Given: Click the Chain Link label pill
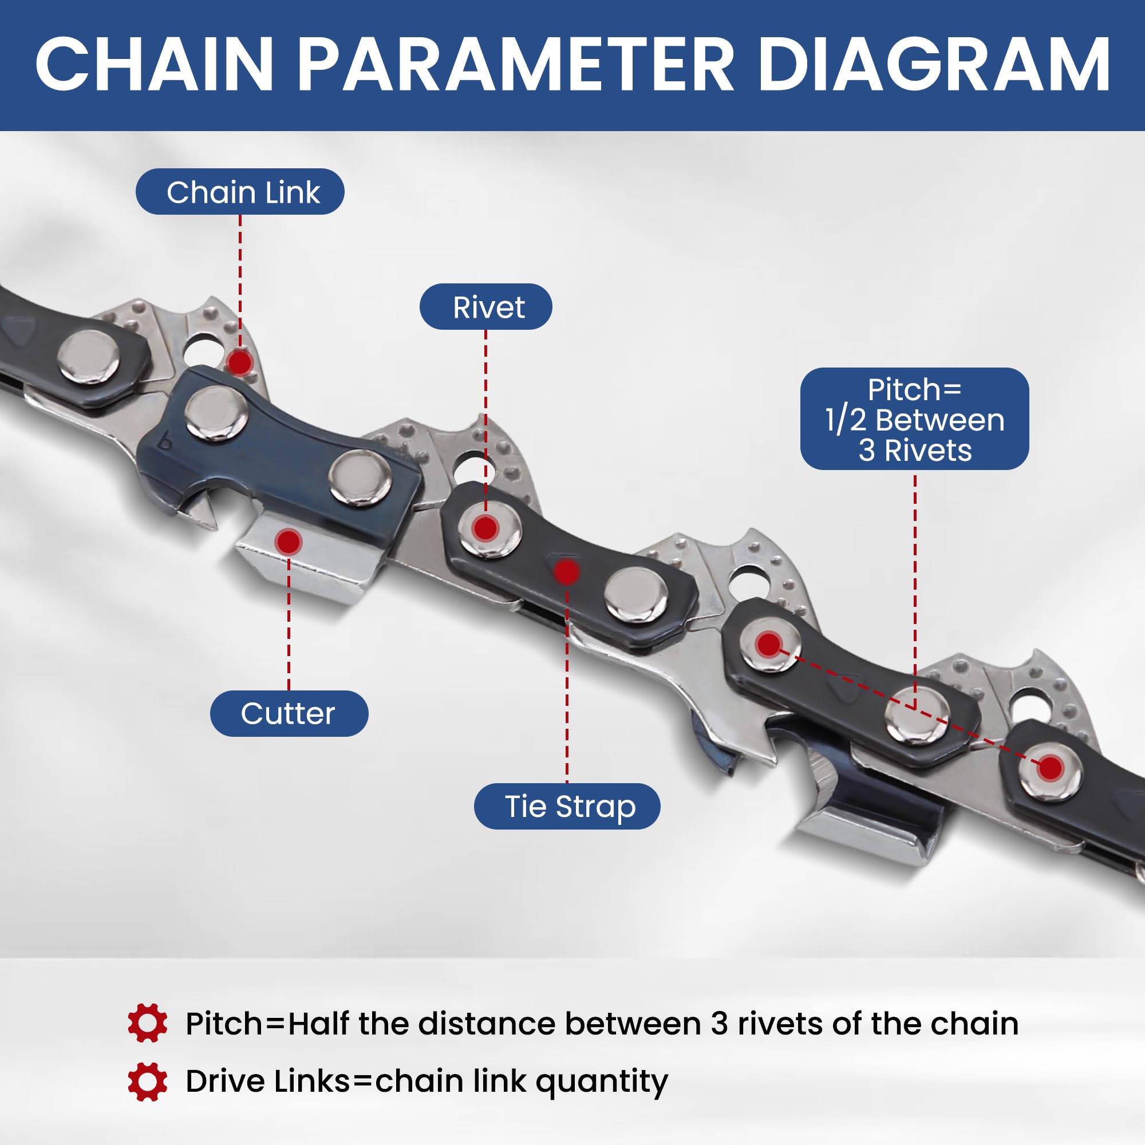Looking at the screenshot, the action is pyautogui.click(x=240, y=192).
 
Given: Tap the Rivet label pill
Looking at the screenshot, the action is pyautogui.click(x=485, y=307).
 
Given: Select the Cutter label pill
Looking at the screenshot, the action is pyautogui.click(x=289, y=713).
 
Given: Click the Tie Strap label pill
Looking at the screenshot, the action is pyautogui.click(x=567, y=806).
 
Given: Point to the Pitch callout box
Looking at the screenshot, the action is pyautogui.click(x=914, y=419).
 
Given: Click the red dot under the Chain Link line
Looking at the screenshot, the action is pyautogui.click(x=240, y=362).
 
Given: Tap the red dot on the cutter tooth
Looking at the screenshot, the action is pyautogui.click(x=289, y=540).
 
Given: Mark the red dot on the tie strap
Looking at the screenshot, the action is pyautogui.click(x=567, y=571).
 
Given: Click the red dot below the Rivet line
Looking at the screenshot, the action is pyautogui.click(x=485, y=528).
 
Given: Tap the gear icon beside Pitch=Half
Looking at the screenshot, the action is pyautogui.click(x=147, y=1023).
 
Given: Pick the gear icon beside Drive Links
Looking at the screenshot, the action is pyautogui.click(x=147, y=1081).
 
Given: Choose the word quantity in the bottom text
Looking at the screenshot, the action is pyautogui.click(x=602, y=1082).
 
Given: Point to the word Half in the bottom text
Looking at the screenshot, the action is pyautogui.click(x=318, y=1024).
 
